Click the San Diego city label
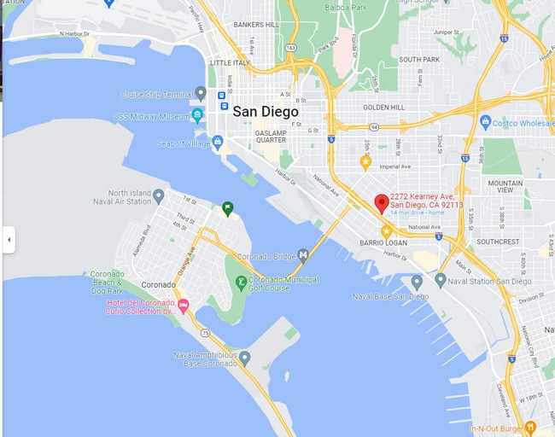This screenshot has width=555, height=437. click(x=266, y=112)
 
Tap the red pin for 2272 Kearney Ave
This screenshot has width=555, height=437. click(x=382, y=203)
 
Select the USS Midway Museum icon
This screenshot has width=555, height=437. click(x=198, y=115)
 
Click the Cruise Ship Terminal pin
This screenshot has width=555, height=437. click(x=201, y=92)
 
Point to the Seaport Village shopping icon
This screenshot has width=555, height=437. click(x=218, y=143)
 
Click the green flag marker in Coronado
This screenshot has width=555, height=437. click(x=227, y=207)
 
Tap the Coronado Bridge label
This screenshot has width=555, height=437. click(x=273, y=256)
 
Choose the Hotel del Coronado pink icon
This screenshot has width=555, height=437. click(x=183, y=305)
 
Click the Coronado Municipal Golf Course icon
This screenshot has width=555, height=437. click(x=242, y=281)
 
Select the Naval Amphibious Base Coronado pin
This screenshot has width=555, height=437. click(x=244, y=358)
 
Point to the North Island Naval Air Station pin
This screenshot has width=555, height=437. click(x=159, y=196)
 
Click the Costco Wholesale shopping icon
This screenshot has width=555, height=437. click(x=485, y=123)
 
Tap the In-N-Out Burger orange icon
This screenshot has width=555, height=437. click(x=529, y=427)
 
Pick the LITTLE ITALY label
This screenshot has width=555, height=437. click(x=230, y=62)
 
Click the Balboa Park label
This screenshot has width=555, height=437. click(x=345, y=7)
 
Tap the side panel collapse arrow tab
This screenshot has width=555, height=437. click(x=9, y=240)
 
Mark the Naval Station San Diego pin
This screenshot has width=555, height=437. click(x=441, y=280)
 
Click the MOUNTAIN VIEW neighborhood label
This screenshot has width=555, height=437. click(x=505, y=187)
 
